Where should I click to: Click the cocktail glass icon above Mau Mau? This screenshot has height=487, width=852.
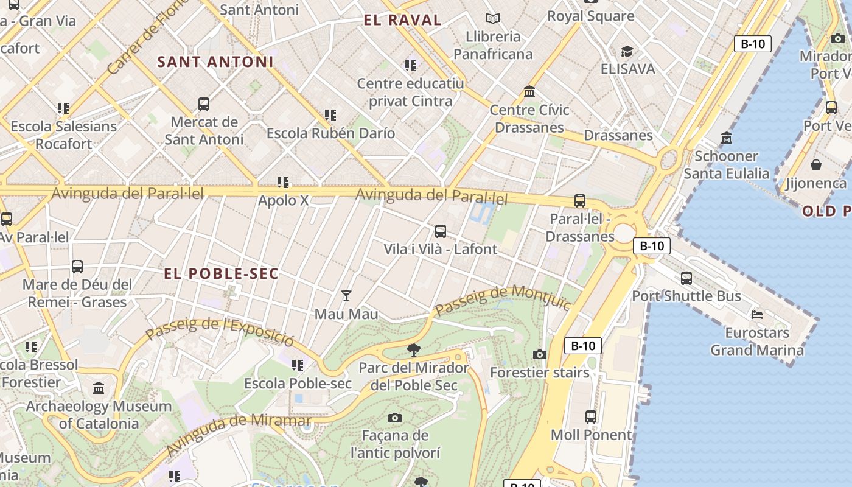coord(346,296)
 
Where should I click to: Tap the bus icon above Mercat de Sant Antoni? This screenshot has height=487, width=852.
coord(204,104)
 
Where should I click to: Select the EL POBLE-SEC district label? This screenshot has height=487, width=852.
coord(221,274)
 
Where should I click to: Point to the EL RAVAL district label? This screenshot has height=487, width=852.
coord(402,20)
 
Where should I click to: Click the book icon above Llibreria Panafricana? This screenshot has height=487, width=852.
coord(493,19)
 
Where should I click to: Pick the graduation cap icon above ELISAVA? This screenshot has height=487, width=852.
coord(627,51)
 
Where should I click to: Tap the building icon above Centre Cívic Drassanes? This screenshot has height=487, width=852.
coord(529,92)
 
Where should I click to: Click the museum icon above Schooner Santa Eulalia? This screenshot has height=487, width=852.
coord(727,138)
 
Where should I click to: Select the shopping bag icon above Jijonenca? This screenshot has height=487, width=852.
coord(816,165)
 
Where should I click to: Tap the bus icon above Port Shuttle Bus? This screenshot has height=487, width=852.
coord(686,278)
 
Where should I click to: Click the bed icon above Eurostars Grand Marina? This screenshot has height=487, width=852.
coord(757,315)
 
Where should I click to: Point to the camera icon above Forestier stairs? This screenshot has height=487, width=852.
coord(540,354)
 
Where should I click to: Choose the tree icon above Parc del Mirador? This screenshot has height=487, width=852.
coord(414,349)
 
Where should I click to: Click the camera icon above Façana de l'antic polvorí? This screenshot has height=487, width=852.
coord(395,418)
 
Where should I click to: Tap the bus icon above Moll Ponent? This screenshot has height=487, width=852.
coord(591,417)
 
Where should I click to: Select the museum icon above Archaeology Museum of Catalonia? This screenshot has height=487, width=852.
coord(99,388)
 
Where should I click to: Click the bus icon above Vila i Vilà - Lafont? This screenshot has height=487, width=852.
coord(441,231)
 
